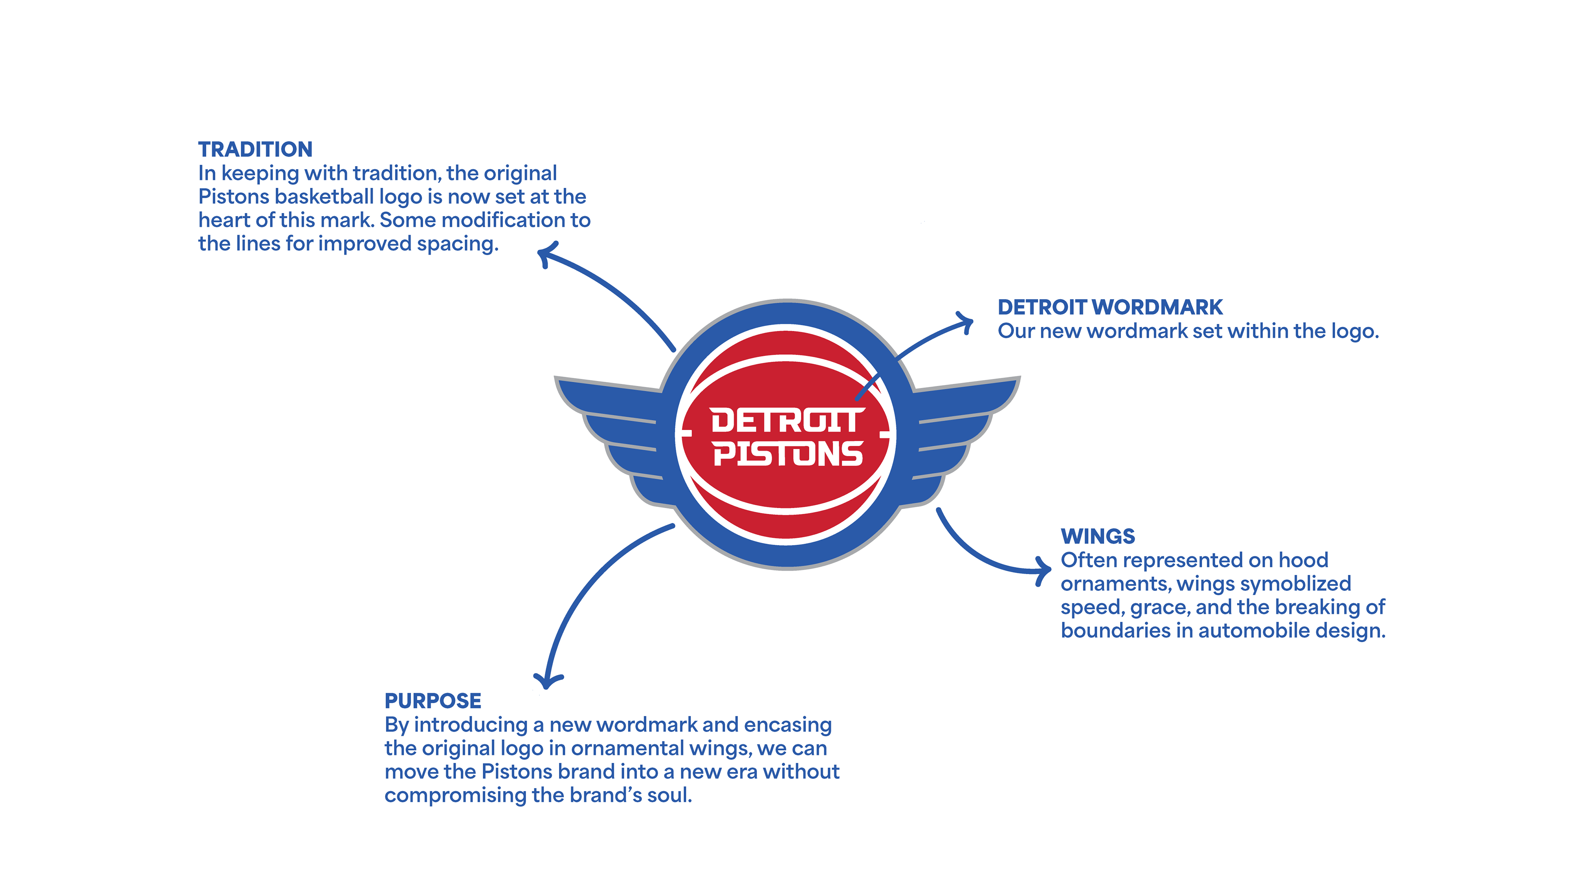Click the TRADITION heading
(255, 150)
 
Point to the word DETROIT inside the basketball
(787, 421)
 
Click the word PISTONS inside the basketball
(787, 454)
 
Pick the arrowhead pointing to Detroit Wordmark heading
(967, 322)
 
